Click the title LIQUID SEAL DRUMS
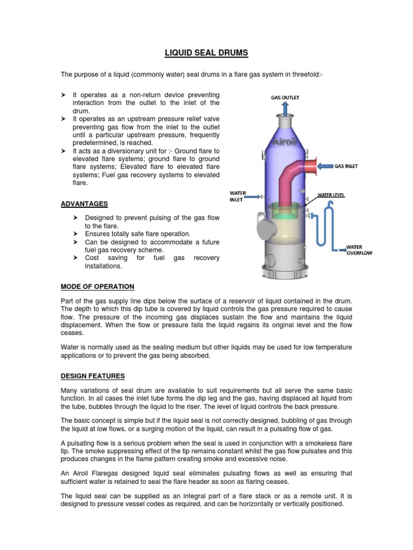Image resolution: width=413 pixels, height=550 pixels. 206,53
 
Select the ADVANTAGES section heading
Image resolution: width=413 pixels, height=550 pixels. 84,204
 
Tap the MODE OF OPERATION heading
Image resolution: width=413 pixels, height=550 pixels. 97,286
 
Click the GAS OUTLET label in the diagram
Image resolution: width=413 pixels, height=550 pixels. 285,97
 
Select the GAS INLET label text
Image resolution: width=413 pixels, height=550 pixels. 346,167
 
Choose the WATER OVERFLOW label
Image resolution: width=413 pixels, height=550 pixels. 359,250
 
